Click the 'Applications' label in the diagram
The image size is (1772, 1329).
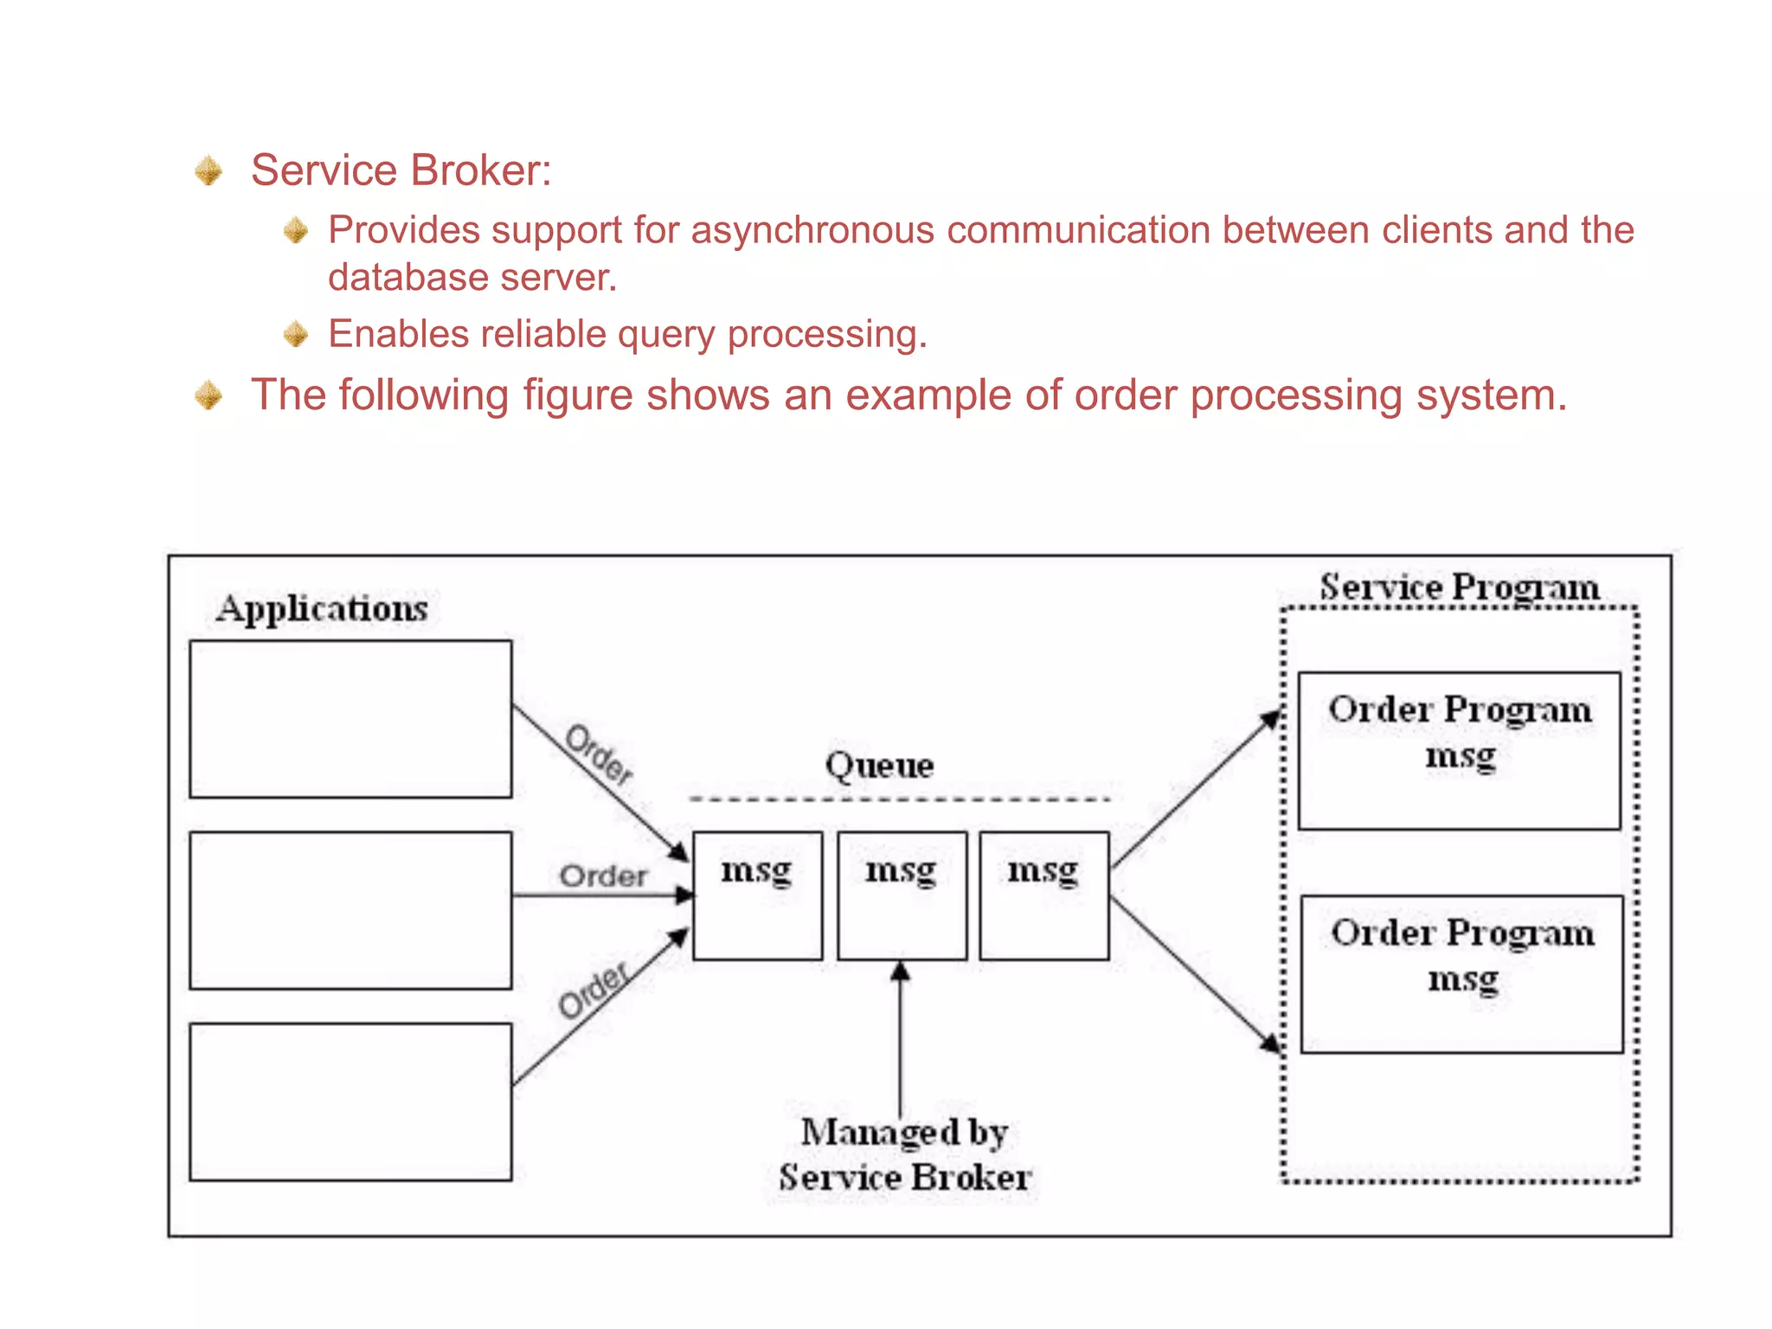[x=322, y=608]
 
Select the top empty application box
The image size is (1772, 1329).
[x=350, y=719]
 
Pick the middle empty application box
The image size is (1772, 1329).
[x=350, y=910]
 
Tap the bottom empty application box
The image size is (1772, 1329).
[x=350, y=1101]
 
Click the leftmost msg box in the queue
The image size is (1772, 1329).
[x=757, y=896]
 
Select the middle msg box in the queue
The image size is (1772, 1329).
[x=902, y=896]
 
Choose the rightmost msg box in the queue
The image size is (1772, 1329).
[x=1043, y=896]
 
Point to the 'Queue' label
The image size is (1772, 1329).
[x=879, y=765]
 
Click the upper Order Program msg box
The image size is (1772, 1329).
[x=1460, y=750]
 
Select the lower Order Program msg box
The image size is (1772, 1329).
[x=1461, y=973]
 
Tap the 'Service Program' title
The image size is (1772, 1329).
[x=1459, y=587]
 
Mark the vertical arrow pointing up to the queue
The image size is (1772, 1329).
[x=900, y=1038]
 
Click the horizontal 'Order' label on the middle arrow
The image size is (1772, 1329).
[x=603, y=876]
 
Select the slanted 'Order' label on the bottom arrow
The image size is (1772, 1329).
[x=594, y=992]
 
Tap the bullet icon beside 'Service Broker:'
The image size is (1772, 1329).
[x=209, y=170]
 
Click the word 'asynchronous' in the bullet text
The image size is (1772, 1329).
[x=812, y=230]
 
